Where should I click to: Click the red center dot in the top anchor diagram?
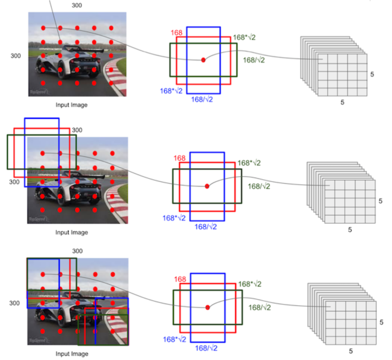pos(203,60)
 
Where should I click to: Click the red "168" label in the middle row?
pos(180,158)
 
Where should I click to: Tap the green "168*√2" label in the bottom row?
pos(250,284)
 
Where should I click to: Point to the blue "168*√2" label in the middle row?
pos(174,218)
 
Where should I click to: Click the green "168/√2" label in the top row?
pos(254,60)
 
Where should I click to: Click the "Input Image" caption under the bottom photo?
pos(72,354)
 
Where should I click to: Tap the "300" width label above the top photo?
pos(77,5)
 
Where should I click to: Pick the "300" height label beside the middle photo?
pos(15,182)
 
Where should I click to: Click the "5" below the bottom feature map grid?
pos(351,351)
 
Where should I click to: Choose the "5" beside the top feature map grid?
pos(372,75)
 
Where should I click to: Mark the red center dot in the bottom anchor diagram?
pos(207,307)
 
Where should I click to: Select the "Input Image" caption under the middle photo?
pos(72,232)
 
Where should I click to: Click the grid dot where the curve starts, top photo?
pos(43,28)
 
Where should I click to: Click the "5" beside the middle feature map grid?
pos(380,201)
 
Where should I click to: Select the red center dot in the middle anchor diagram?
pos(207,186)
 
